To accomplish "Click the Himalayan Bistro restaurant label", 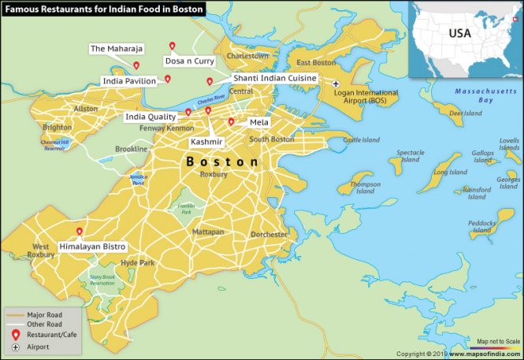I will coord(92,247).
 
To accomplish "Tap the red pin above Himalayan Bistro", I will coord(79,232).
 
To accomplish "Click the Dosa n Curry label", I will coord(189,61).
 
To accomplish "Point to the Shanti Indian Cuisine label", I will coord(274,79).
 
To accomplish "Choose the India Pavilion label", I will coord(129,80).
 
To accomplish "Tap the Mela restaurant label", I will coord(258,123).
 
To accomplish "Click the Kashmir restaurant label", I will coord(207,142).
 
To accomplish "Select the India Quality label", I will coord(151,117).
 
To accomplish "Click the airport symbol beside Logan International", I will coord(336,84).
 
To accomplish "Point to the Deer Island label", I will coord(465,113).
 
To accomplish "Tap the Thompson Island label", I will coord(365,187).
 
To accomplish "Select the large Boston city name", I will coord(221,161).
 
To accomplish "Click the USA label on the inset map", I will coord(459,34).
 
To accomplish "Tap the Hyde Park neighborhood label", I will coord(138,262).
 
